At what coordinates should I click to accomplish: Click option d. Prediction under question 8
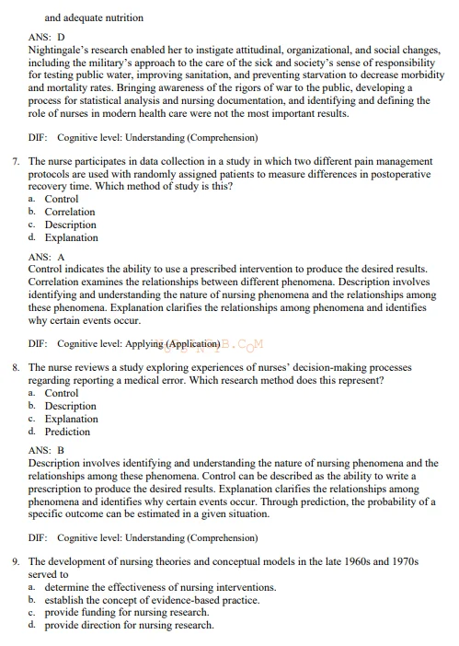point(67,432)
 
